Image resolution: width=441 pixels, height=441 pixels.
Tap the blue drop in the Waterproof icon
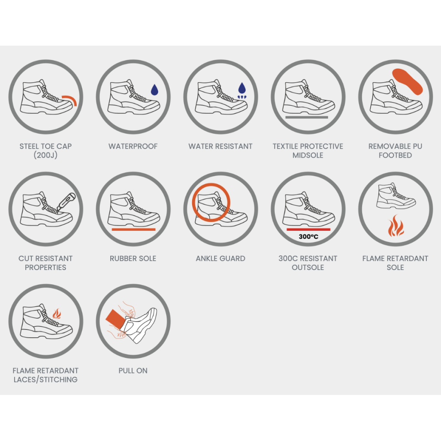(155, 90)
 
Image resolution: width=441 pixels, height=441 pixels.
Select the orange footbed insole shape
(407, 81)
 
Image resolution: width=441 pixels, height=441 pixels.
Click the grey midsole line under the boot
(307, 117)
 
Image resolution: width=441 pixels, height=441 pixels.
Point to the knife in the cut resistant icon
(66, 202)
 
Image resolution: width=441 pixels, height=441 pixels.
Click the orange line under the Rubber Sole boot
(134, 230)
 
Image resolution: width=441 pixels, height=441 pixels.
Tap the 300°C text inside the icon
(308, 236)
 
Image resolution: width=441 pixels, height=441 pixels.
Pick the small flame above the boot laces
(57, 314)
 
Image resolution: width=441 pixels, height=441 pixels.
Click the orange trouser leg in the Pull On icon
(116, 320)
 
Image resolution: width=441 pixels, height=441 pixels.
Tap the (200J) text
(46, 155)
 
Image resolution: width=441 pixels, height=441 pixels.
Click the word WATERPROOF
(133, 146)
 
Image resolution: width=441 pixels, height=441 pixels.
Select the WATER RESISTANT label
(220, 146)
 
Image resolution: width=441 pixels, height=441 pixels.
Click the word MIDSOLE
(307, 155)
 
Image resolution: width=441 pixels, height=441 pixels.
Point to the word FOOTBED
(395, 155)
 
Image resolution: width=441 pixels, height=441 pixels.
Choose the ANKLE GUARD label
(220, 258)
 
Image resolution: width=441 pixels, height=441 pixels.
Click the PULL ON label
(133, 371)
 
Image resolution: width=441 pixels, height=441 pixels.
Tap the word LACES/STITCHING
(46, 380)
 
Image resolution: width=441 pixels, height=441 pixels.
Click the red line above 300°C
(308, 230)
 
